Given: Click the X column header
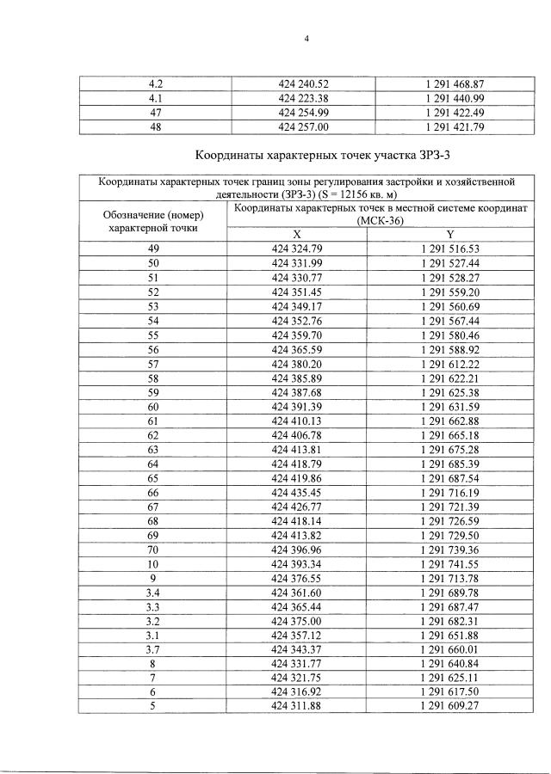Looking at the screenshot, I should click(297, 234).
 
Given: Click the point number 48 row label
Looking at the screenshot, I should click(156, 126).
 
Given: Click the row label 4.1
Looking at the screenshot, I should click(156, 99).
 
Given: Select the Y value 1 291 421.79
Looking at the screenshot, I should click(455, 126).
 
